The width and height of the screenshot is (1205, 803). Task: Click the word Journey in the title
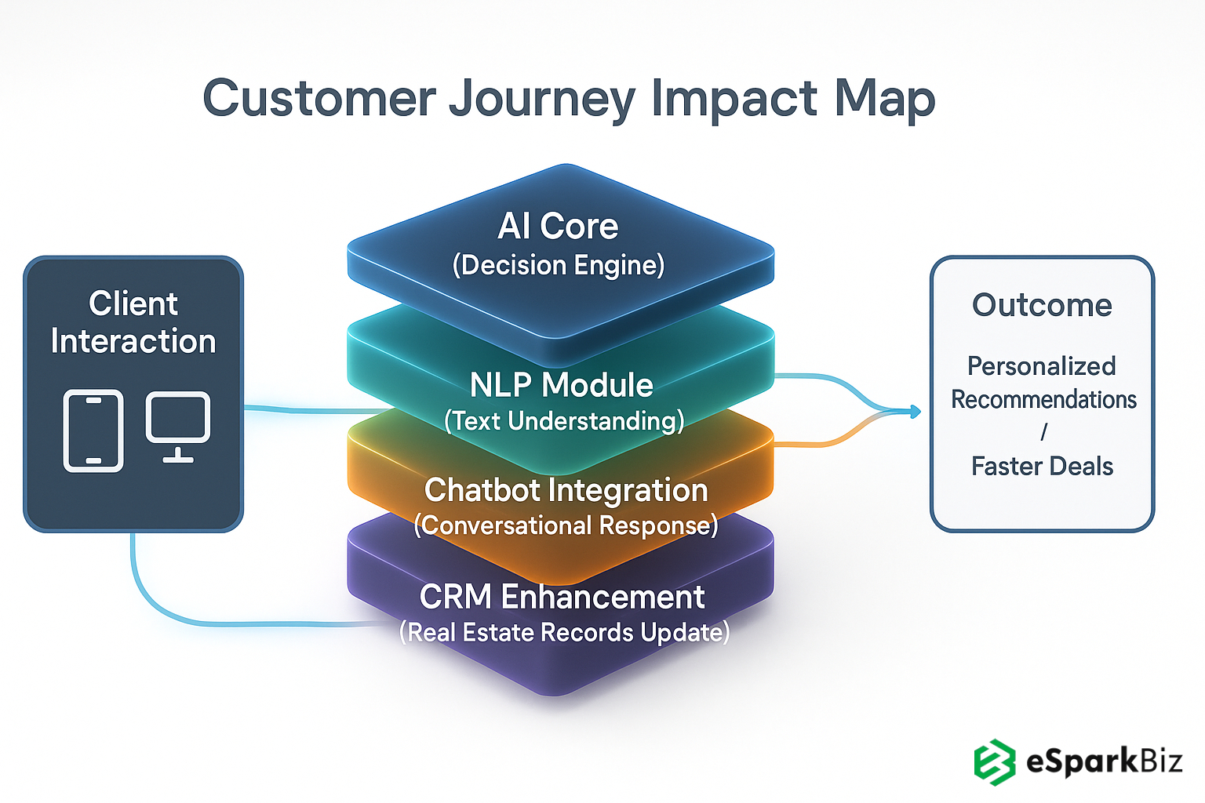pos(541,100)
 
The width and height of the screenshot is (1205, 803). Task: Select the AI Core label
pos(559,227)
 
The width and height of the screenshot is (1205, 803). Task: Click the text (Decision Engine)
pos(559,265)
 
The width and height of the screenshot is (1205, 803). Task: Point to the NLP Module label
pos(562,385)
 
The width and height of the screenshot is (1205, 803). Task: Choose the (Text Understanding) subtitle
pos(564,421)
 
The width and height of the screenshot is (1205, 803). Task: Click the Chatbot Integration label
pos(566,490)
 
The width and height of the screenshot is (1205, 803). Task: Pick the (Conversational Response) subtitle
pos(566,525)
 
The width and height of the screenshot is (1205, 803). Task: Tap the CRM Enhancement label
pos(562,597)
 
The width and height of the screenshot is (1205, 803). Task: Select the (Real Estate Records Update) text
pos(565,632)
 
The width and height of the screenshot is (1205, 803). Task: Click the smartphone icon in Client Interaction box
pos(93,431)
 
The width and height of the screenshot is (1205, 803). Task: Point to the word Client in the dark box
pos(133,303)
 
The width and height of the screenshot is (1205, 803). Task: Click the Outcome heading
pos(1042,305)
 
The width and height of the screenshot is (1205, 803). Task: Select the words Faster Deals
pos(1042,467)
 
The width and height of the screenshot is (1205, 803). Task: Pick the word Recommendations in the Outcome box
pos(1043,399)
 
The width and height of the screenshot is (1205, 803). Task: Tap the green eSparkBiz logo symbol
pos(995,761)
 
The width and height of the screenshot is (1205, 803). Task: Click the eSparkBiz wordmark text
pos(1104,761)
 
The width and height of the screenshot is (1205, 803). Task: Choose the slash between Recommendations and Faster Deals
pos(1043,432)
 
